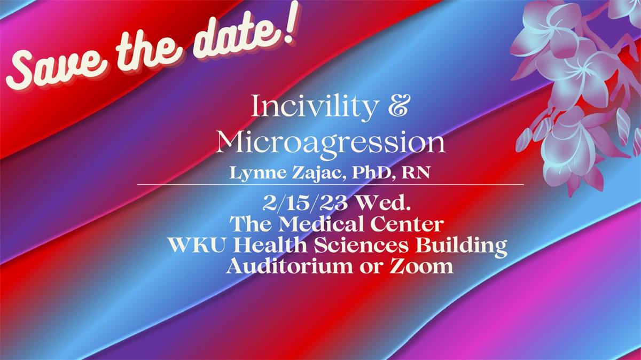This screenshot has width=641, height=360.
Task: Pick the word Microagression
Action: [x=330, y=143]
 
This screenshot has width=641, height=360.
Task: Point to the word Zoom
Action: [x=422, y=265]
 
